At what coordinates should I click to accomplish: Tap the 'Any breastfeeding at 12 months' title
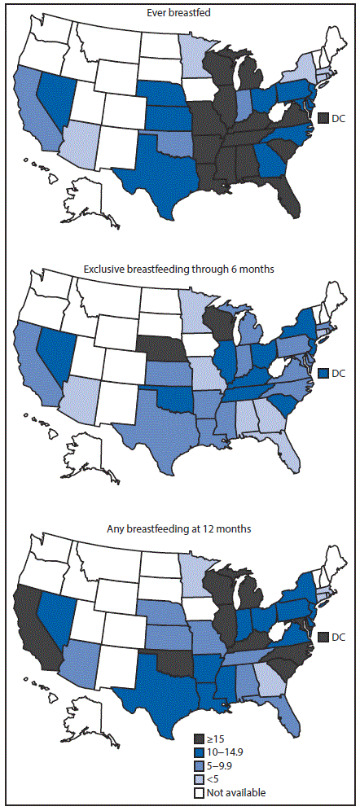tap(179, 529)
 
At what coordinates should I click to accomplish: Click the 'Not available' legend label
tap(236, 792)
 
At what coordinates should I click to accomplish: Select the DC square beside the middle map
tap(323, 374)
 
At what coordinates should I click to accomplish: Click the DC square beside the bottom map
tap(323, 636)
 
